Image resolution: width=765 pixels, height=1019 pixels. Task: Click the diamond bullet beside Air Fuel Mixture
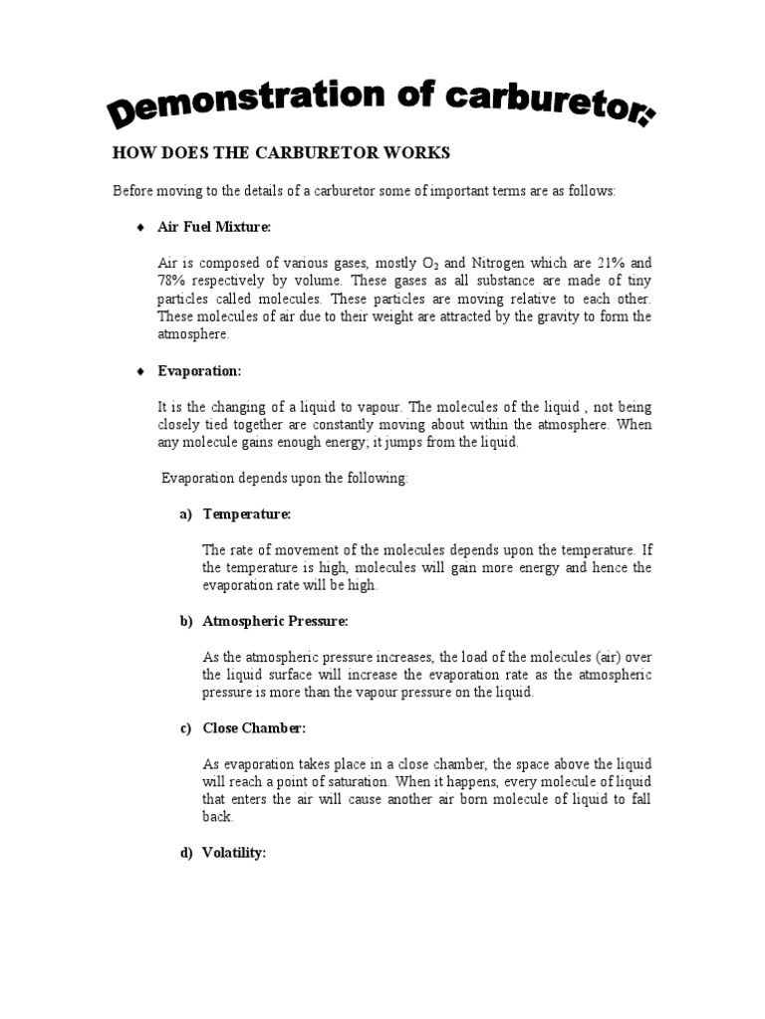point(140,228)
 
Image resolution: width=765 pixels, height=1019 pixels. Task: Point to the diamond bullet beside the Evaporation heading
point(140,371)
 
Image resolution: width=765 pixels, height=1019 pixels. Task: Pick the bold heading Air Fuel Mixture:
point(214,228)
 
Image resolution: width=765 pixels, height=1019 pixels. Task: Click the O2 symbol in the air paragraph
point(425,264)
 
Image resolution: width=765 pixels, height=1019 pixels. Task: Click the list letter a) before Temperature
point(185,514)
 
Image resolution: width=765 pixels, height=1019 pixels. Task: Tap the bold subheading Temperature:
point(247,514)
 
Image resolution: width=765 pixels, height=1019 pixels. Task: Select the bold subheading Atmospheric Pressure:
point(276,621)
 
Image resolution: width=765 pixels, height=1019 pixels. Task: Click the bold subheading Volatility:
point(234,853)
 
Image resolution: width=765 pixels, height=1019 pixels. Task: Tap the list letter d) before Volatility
point(185,853)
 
